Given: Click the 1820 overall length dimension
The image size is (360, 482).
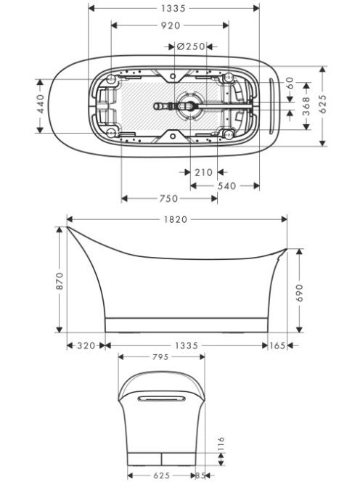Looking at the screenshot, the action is point(175,219).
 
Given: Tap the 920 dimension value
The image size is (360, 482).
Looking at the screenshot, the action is point(171,25).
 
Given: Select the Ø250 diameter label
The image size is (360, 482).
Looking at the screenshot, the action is point(191,46).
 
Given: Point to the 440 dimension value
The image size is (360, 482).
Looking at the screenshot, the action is point(41,104).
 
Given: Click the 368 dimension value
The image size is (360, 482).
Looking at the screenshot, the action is point(306,106).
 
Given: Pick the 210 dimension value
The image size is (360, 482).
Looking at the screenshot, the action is point(203,172).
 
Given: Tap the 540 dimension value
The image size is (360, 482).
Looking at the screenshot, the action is point(227,186).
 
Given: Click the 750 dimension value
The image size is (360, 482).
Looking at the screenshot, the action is point(169,199).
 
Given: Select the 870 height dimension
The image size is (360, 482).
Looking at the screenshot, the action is point(60,281).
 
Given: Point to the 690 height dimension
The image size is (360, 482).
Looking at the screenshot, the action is point(300,293).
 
